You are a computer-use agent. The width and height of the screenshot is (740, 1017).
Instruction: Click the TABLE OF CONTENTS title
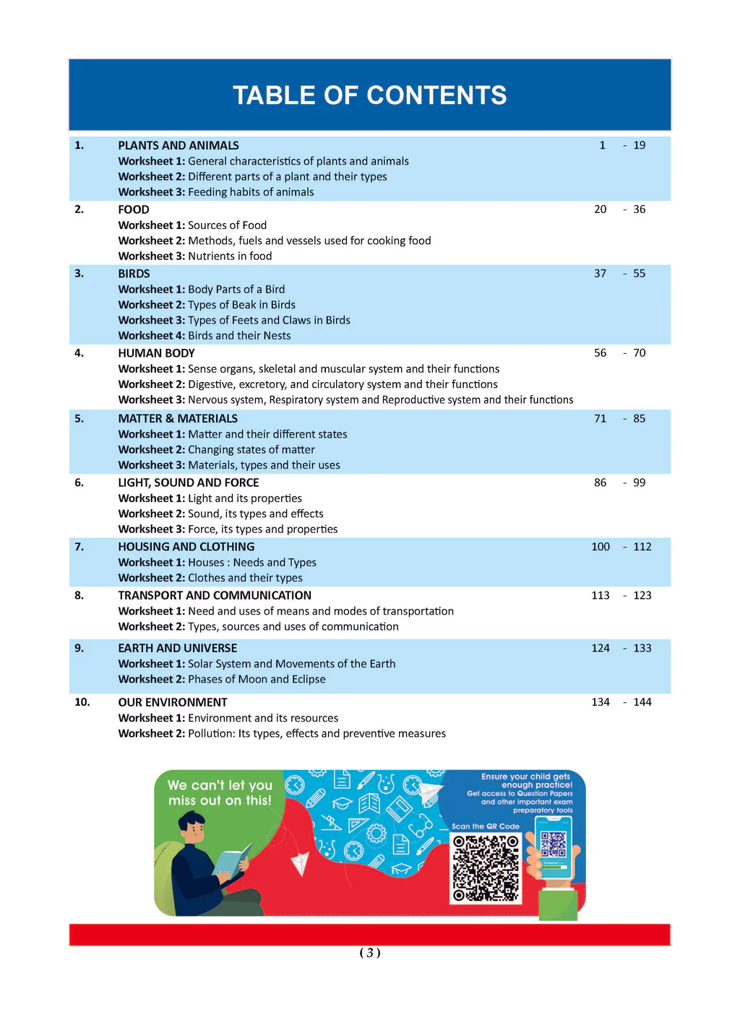[369, 95]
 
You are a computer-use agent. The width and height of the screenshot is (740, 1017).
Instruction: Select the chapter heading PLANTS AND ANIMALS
[178, 145]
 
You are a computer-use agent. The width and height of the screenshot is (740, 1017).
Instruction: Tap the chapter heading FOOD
[134, 209]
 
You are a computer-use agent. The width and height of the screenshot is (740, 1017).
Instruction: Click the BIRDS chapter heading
[134, 274]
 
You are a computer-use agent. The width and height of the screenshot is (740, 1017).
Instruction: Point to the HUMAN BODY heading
[156, 353]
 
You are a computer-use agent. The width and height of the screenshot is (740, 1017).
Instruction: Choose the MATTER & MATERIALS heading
[178, 418]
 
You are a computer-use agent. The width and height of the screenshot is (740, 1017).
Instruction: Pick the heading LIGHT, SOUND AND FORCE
[189, 482]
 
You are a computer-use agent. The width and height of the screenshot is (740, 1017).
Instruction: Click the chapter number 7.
[79, 547]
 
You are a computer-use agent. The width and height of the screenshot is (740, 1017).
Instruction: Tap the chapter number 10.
[82, 702]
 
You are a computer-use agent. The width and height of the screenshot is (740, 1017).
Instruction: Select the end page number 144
[642, 702]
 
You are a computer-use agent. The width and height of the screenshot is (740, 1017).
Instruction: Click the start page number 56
[600, 353]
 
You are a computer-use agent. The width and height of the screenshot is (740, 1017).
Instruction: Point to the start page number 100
[601, 547]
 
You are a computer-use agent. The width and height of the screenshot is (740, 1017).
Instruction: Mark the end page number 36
[640, 209]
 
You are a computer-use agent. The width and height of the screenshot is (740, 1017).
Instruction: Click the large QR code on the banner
[486, 868]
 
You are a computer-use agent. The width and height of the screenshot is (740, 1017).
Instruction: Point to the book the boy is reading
[231, 862]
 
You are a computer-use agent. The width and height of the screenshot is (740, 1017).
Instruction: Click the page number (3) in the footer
[370, 953]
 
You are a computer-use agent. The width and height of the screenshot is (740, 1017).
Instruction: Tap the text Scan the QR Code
[486, 826]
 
